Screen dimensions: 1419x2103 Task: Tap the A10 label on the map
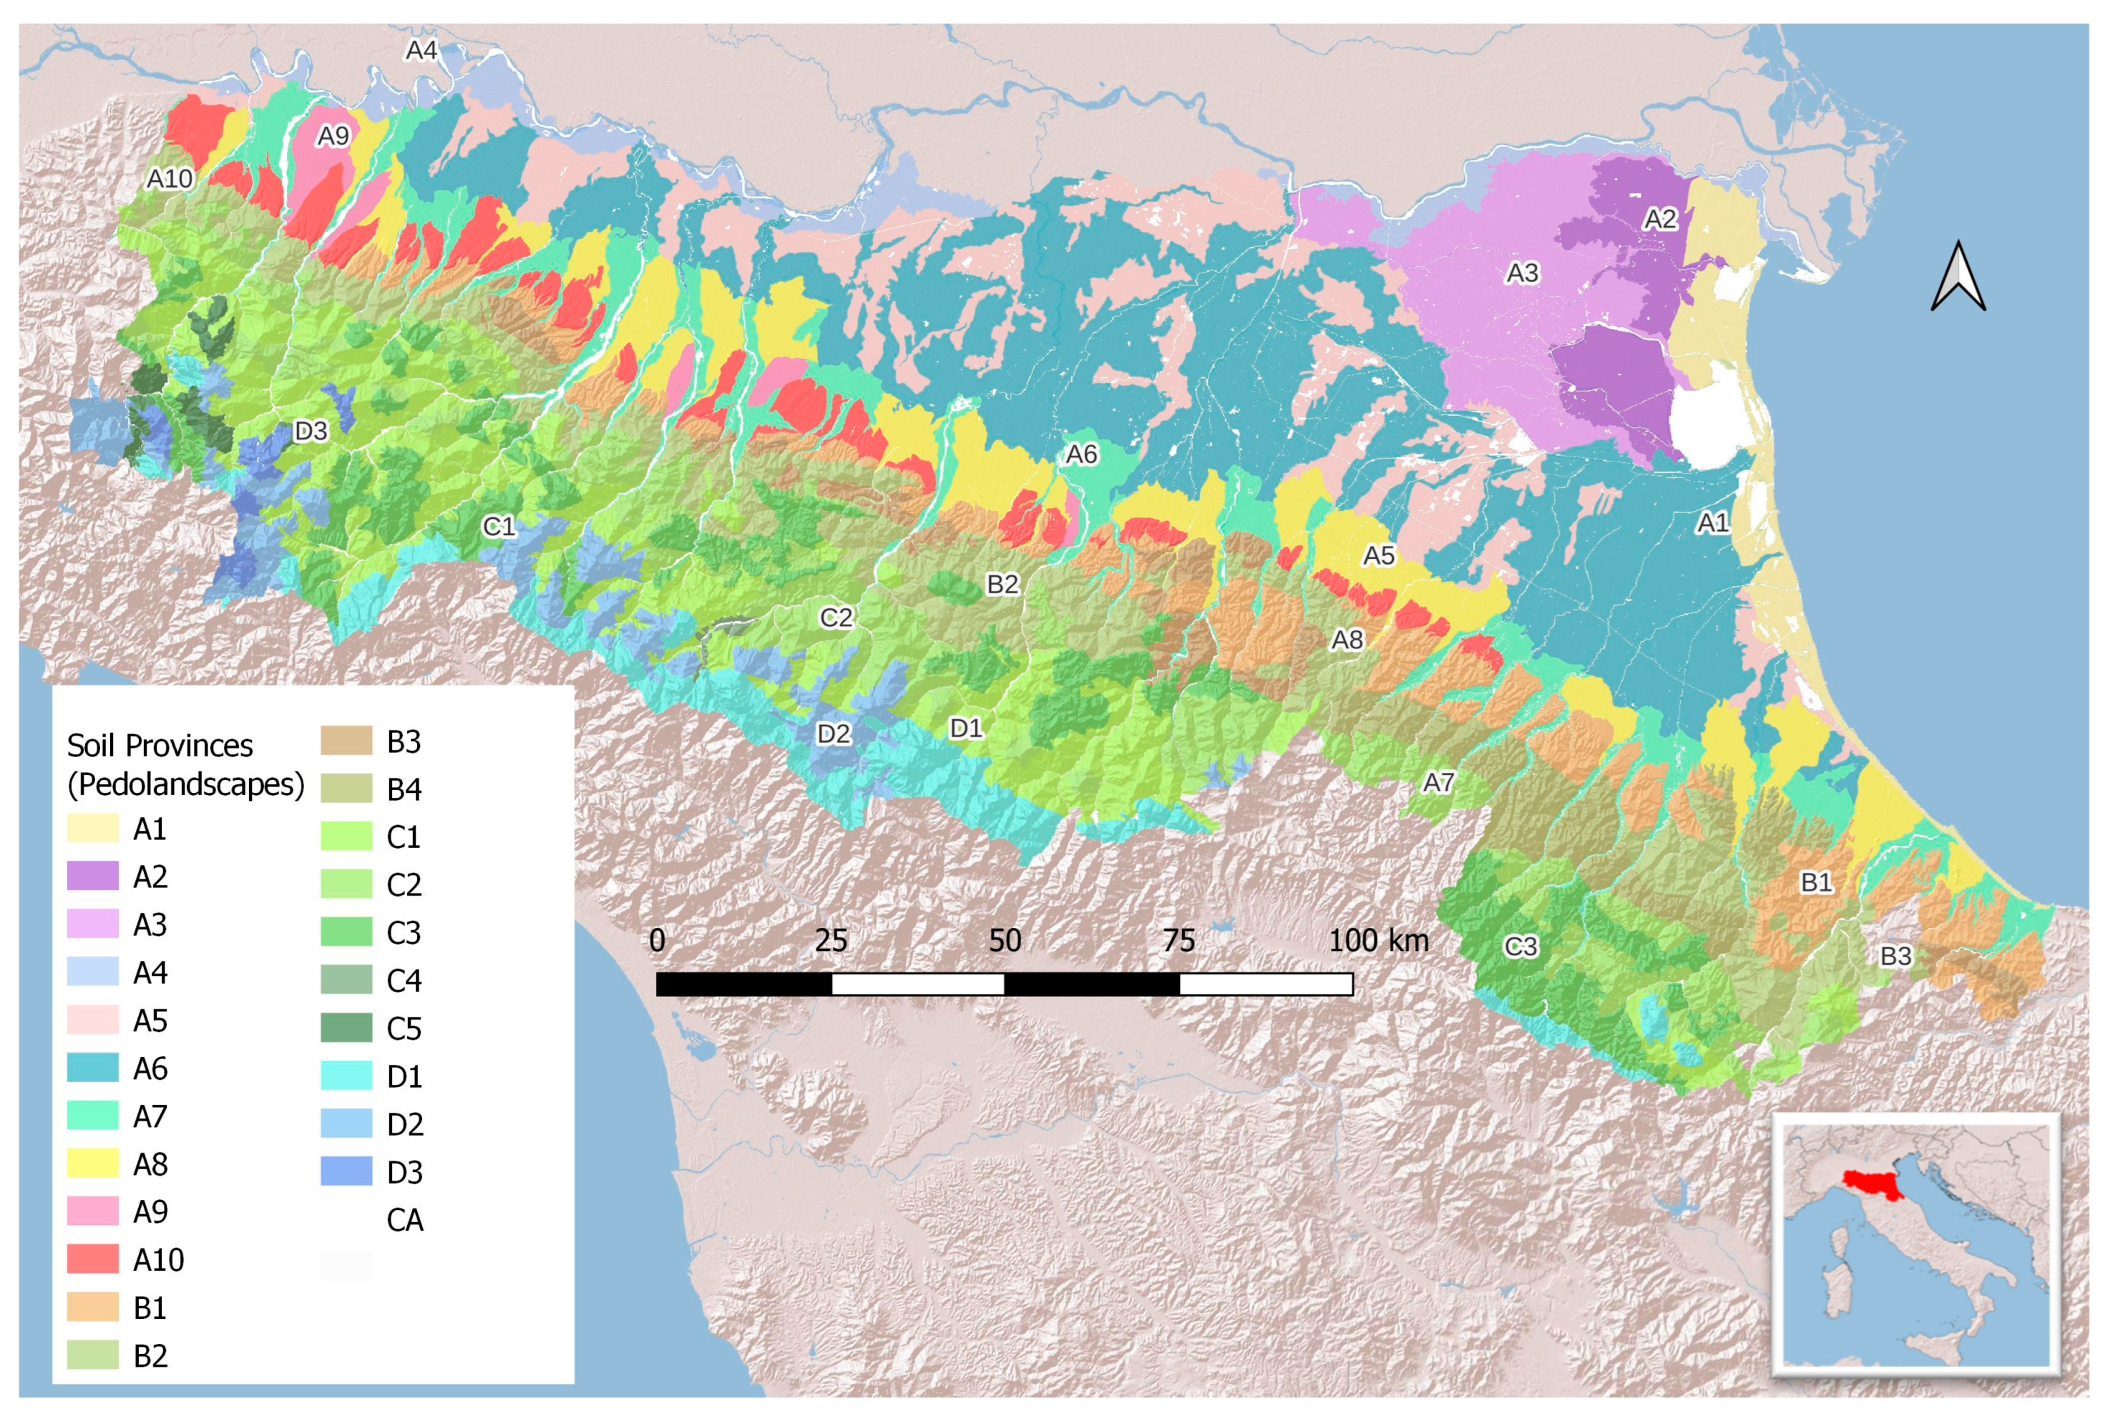coord(170,179)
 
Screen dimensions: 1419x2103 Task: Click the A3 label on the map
coord(1522,273)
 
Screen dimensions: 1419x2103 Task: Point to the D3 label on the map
coord(311,431)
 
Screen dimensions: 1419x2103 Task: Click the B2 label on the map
coord(1002,585)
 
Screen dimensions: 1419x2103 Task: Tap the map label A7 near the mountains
coord(1439,782)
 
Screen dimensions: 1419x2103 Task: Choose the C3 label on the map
coord(1521,947)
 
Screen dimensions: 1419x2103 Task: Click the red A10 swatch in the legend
coord(92,1259)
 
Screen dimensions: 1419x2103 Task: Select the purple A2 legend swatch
coord(92,876)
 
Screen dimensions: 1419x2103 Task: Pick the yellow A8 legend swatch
coord(92,1163)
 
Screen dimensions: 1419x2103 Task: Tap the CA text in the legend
coord(404,1220)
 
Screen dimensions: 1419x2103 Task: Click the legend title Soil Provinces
coord(160,746)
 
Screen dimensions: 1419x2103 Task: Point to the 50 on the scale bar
coord(1005,941)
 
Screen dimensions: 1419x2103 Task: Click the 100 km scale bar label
coord(1378,941)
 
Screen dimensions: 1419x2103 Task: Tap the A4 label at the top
coord(421,51)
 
